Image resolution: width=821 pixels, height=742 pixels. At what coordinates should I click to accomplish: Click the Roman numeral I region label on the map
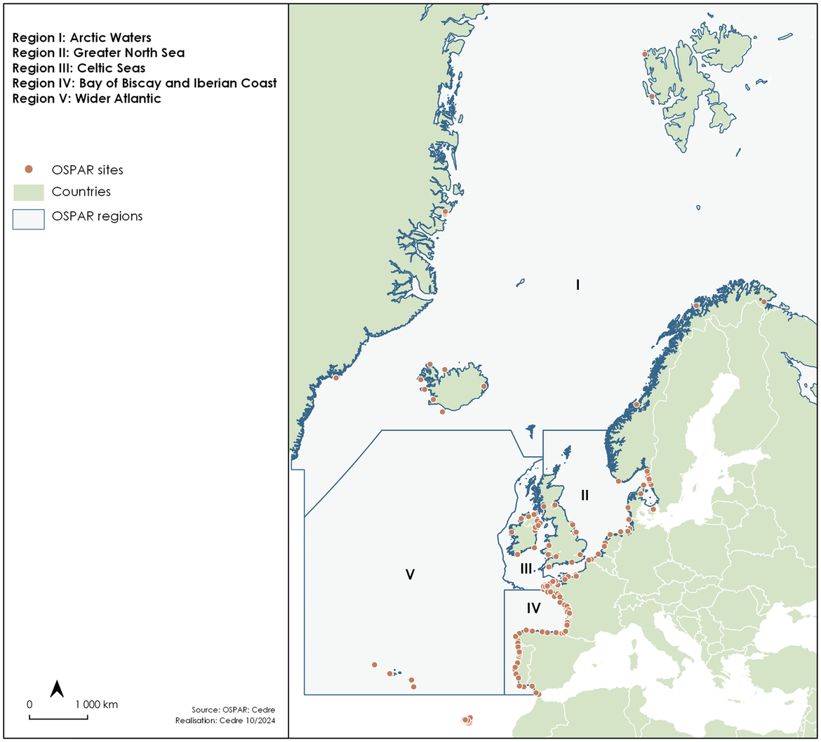point(577,285)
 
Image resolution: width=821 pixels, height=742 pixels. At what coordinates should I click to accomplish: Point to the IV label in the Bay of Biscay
point(533,605)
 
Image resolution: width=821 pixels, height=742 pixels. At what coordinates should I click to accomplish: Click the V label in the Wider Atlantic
point(410,575)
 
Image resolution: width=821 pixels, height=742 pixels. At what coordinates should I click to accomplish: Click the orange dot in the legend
point(28,169)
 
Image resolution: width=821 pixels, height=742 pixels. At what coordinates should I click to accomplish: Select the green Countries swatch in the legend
point(28,192)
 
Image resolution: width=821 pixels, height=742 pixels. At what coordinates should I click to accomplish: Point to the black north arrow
point(58,689)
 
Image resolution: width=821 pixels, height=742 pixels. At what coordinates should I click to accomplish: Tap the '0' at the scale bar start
point(29,703)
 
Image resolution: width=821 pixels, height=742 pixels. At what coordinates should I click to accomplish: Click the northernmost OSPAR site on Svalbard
point(645,54)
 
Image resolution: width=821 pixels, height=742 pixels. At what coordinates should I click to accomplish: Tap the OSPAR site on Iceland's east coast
point(483,386)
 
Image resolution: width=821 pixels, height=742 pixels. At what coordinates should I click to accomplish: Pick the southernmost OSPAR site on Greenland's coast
point(336,378)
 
